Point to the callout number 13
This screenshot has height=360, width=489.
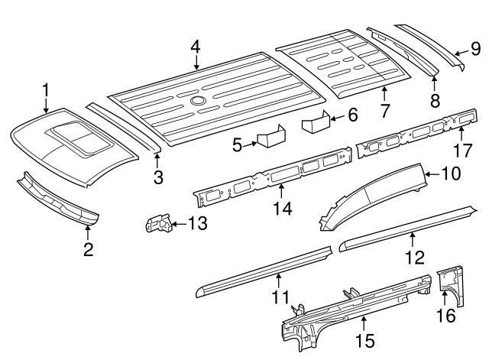197,223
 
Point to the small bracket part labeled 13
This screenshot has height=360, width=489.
159,222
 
